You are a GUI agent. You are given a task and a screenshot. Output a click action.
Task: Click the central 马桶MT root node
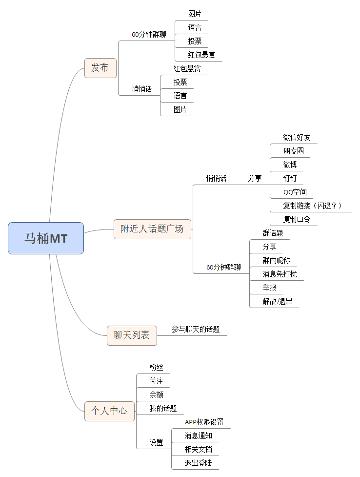coord(46,238)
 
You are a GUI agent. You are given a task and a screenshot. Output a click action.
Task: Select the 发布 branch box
coord(100,68)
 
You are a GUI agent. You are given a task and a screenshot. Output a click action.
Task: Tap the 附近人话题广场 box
coord(152,229)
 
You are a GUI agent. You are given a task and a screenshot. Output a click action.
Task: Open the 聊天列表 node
coord(132,335)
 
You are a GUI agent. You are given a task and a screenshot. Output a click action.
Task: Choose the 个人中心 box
coord(109,411)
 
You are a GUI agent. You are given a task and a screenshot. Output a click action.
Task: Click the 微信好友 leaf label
coord(297,137)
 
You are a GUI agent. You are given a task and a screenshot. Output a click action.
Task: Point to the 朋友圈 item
coord(293,151)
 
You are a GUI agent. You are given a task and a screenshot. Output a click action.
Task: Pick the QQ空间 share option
coord(295,192)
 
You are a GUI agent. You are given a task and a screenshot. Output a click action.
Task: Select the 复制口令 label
coord(297,219)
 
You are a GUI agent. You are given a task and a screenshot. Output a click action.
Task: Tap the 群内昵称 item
coord(276,260)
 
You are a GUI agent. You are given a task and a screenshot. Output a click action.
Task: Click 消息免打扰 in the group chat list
coord(280,274)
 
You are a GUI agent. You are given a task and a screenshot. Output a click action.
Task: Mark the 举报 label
coord(269,288)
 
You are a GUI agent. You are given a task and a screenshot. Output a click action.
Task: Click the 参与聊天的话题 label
coord(196,330)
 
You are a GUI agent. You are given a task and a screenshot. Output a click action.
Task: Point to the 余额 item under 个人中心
coord(156,394)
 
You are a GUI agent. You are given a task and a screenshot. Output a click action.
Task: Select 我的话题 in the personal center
coord(163,408)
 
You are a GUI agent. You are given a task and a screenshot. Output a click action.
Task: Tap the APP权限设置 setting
coord(204,422)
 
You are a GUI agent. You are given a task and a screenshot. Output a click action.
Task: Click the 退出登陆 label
coord(198,463)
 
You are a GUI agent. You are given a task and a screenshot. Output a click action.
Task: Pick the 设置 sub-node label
coord(156,443)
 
